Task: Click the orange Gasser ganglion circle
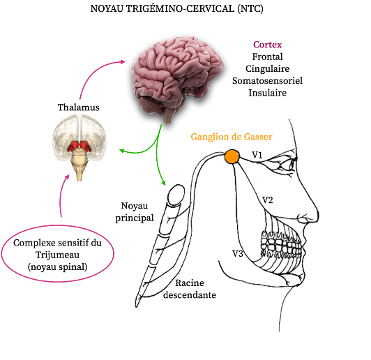point(232,156)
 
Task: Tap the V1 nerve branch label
point(257,155)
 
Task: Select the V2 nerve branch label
point(268,200)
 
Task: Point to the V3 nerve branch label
point(238,253)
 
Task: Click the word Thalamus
point(79,107)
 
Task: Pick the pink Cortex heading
point(267,45)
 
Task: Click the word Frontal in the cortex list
point(267,57)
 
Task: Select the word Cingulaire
point(267,68)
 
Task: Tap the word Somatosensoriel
point(267,81)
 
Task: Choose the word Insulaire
point(267,93)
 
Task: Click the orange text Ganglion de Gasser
point(232,137)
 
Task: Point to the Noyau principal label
point(135,212)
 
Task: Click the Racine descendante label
point(190,289)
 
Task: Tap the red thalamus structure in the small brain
point(79,146)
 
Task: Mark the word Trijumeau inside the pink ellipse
point(57,255)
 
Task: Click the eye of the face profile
point(291,163)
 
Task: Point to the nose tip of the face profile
point(319,214)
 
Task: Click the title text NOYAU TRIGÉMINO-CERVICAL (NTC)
point(176,9)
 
